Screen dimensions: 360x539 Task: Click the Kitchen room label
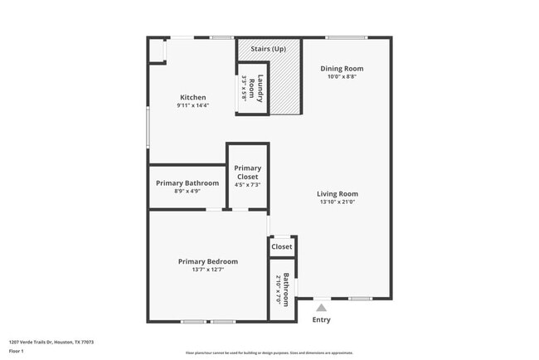coord(192,97)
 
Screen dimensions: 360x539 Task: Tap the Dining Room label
coord(342,68)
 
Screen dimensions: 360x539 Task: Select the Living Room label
coord(338,193)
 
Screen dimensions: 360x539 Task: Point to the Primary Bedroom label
coord(208,260)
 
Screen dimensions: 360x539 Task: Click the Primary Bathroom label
coord(187,182)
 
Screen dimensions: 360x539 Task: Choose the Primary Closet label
coord(247,173)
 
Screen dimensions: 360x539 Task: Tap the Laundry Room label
coord(260,88)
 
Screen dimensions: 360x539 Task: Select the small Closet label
coord(282,246)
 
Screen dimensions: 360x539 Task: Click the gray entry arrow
coord(321,308)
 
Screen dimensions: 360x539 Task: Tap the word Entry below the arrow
coord(321,319)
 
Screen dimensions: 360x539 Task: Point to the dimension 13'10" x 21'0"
coord(338,202)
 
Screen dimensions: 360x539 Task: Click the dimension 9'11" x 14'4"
coord(192,105)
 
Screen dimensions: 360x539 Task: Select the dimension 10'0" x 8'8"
coord(342,76)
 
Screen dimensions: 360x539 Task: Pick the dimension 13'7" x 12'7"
coord(208,269)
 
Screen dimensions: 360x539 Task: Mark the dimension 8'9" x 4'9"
coord(187,191)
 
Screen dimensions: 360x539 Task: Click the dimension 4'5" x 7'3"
coord(247,184)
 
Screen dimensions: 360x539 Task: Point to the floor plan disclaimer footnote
coord(269,353)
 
